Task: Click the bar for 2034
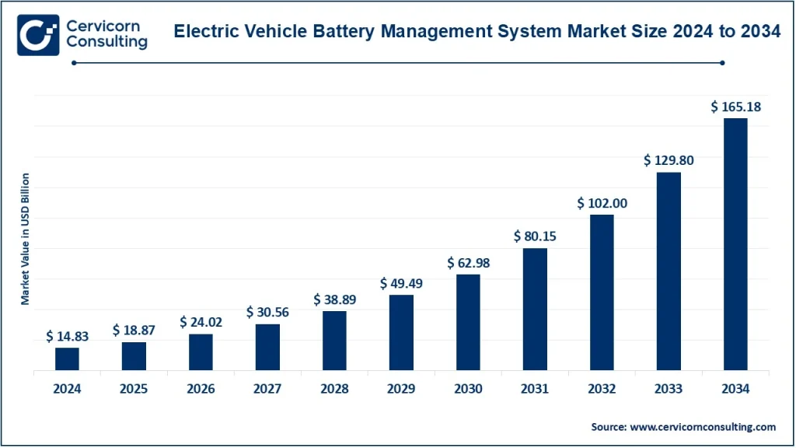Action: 735,244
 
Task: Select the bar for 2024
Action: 67,359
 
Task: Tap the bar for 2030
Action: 468,322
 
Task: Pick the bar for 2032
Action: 602,292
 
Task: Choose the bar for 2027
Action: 267,347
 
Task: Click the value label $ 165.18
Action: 735,107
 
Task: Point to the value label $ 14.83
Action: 67,337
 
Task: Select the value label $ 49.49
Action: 401,284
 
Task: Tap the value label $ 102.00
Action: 602,204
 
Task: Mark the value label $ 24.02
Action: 201,322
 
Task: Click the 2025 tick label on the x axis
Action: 134,389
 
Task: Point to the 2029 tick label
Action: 401,389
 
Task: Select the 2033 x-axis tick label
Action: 669,389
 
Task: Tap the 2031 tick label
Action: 535,389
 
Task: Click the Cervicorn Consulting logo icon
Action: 38,33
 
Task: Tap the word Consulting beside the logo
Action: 106,43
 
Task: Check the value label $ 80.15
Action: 535,236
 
